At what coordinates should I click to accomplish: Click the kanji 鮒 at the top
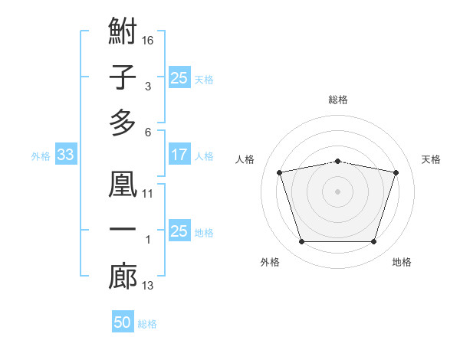point(123,31)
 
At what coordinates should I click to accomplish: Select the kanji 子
point(123,77)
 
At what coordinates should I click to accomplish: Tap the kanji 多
point(123,123)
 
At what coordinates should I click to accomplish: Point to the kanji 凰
point(123,184)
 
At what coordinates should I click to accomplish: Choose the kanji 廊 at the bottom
point(123,276)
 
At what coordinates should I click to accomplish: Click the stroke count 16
point(147,41)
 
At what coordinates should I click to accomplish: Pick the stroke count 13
point(147,286)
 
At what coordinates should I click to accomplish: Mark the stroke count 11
point(147,194)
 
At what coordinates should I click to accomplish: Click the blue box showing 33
point(66,154)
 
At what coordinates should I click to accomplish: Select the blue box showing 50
point(123,321)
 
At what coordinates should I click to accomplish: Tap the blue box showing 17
point(179,154)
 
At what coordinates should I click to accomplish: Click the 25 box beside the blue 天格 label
point(179,77)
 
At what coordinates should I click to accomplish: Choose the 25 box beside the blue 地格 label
point(179,230)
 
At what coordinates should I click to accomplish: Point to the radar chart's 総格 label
point(338,100)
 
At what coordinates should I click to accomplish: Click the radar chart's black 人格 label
point(245,159)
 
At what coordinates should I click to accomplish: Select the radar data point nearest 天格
point(396,172)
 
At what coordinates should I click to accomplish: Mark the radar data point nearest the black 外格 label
point(301,242)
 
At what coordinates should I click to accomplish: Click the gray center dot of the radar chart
point(337,191)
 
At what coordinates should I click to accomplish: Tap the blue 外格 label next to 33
point(41,156)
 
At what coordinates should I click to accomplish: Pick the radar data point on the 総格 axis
point(338,162)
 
